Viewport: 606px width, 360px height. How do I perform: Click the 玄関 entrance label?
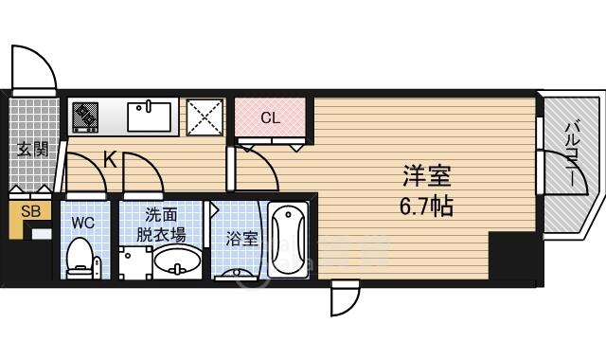pos(33,150)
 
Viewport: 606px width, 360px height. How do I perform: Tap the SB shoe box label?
pos(30,211)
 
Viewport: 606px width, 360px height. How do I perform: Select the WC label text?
pos(83,223)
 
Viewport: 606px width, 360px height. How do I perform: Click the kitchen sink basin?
pos(150,117)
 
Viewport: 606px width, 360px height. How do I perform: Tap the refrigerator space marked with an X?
pos(205,117)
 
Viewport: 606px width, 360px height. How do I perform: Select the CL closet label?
pos(270,117)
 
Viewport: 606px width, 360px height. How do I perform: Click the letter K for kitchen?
pos(111,159)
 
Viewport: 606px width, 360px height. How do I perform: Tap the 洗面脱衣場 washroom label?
pos(161,225)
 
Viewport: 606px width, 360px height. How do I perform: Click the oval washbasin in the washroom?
pos(177,261)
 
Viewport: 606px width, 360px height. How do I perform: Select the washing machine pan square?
pos(135,262)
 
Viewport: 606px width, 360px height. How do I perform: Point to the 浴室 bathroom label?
pos(241,239)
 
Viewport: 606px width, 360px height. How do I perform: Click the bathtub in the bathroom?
pos(288,240)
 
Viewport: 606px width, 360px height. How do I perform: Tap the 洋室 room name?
pos(427,176)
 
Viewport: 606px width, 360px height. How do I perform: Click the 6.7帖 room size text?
pos(426,207)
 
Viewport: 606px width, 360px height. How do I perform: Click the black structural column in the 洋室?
pos(512,255)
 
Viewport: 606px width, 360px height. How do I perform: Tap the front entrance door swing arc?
pos(46,59)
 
